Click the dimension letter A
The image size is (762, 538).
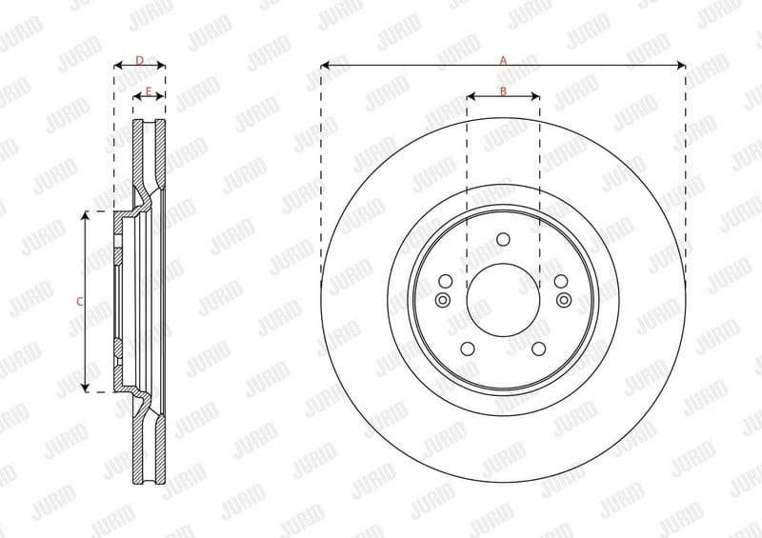point(503,59)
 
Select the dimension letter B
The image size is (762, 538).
point(503,90)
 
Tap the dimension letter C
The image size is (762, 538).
point(80,301)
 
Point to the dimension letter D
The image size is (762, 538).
point(139,60)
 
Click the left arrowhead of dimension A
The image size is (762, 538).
point(325,66)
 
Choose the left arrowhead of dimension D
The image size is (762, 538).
point(117,66)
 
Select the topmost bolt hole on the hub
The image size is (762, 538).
point(504,239)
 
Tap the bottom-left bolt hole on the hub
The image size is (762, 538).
point(468,349)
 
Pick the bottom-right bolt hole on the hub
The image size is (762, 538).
point(539,349)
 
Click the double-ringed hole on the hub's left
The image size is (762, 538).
point(442,300)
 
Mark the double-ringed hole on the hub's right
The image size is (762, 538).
point(564,300)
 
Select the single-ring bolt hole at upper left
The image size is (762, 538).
point(446,281)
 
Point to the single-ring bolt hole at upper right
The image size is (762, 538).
point(561,281)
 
